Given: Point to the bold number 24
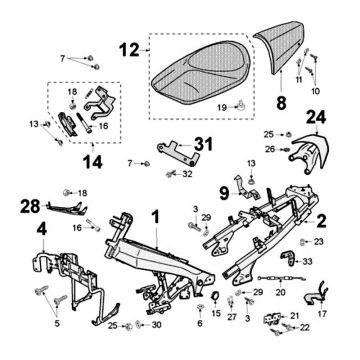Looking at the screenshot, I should (314, 117).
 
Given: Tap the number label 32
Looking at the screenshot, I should (186, 173).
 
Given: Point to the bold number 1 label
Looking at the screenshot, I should (155, 216).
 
